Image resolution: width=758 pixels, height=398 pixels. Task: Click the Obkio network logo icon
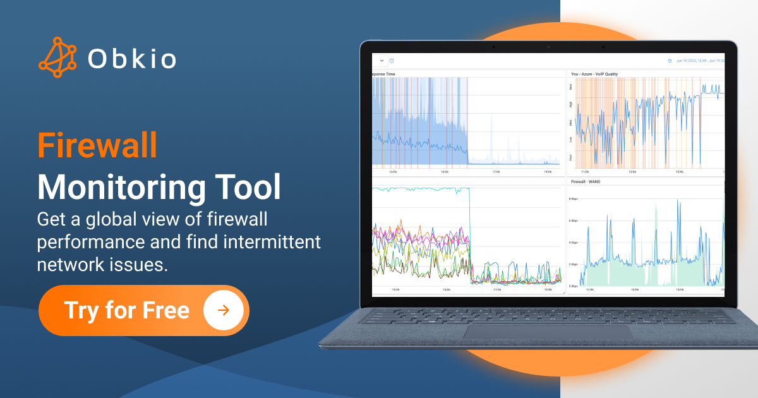point(57,57)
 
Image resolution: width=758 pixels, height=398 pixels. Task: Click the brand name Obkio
point(131,59)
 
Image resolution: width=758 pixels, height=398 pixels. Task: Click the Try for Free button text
point(126,310)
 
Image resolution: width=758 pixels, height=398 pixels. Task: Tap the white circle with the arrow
point(224,310)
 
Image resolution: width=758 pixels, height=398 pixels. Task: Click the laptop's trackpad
point(547,331)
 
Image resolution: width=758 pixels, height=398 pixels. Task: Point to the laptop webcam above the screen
point(548,47)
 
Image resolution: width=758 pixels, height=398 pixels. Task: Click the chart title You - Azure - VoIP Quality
point(594,74)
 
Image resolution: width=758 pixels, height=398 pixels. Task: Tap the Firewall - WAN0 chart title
point(586,181)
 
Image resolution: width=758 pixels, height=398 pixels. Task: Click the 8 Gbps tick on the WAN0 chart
point(572,199)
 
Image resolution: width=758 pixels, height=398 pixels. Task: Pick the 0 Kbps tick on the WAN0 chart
point(572,286)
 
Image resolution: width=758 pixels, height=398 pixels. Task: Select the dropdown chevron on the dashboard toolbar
point(382,61)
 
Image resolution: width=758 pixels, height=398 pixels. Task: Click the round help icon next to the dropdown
point(392,61)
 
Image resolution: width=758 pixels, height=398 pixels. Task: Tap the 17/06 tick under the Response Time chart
point(496,171)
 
